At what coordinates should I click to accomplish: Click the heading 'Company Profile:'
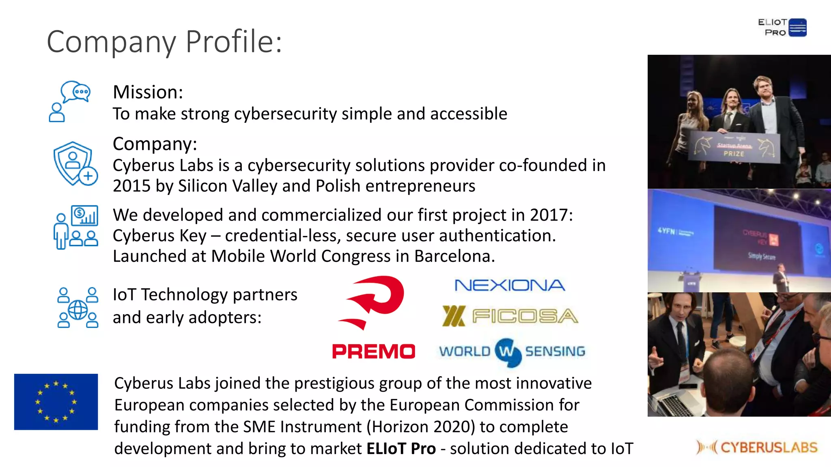point(164,42)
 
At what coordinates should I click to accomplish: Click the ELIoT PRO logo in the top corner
point(782,28)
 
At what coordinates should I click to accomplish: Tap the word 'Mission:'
point(148,92)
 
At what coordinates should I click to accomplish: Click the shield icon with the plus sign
point(75,164)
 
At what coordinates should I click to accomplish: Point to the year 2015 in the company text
point(131,186)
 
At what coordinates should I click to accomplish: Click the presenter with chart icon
point(75,227)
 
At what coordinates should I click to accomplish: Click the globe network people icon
point(78,307)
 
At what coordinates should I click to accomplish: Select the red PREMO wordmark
point(374,351)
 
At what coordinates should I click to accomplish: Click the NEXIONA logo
point(510,285)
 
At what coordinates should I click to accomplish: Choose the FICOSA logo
point(510,317)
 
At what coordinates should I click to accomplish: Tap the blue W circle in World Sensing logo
point(507,352)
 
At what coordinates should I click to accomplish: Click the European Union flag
point(56,402)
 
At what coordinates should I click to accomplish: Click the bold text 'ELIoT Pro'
point(401,449)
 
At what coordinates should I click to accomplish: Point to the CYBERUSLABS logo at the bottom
point(757,447)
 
